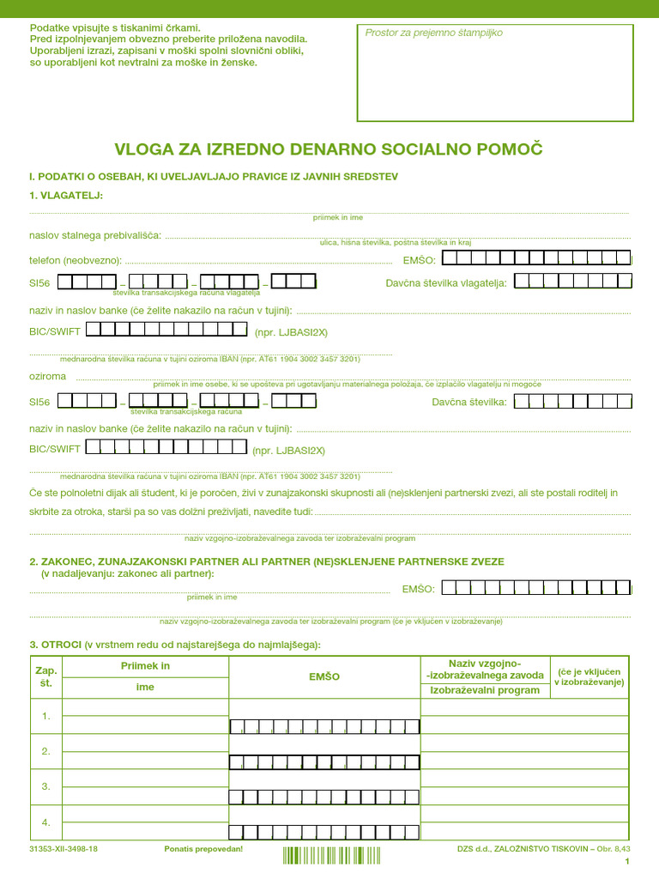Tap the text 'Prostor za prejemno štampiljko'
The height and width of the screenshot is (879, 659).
[433, 33]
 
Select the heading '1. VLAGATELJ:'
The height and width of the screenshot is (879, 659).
[65, 195]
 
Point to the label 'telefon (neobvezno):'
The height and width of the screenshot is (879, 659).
[76, 259]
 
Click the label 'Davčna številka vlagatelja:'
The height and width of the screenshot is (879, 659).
[446, 282]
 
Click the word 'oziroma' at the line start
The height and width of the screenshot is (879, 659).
[47, 377]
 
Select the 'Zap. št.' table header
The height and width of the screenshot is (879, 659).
[45, 676]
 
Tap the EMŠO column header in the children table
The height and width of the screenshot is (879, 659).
[324, 676]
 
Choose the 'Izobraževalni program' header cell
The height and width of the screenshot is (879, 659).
[485, 690]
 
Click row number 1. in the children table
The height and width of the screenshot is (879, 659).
[45, 716]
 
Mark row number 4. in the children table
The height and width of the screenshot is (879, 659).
[45, 822]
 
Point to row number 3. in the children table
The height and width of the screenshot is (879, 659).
[45, 786]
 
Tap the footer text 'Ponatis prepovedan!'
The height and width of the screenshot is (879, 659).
[203, 849]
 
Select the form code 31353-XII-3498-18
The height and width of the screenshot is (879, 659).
[63, 849]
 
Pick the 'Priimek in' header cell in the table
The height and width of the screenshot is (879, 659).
[146, 666]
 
